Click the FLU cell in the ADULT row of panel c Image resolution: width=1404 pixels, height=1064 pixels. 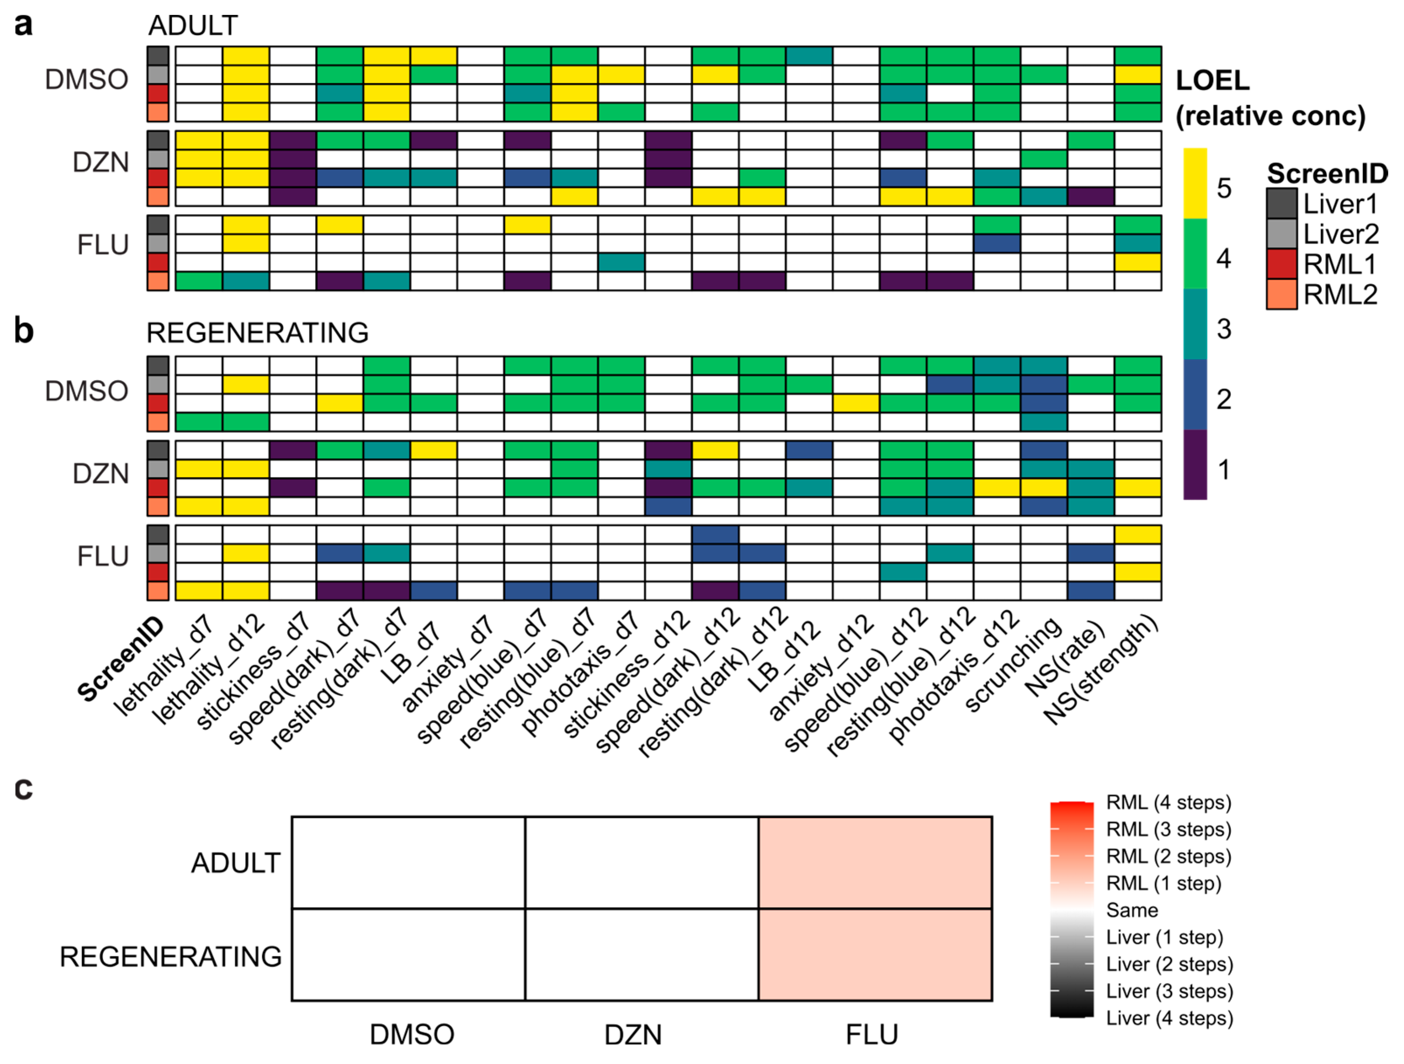(x=875, y=862)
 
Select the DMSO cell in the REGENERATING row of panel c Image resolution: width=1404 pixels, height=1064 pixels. (x=408, y=954)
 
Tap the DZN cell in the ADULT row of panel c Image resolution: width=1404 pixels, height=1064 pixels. (x=641, y=862)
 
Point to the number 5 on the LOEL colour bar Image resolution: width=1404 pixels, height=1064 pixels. (x=1224, y=188)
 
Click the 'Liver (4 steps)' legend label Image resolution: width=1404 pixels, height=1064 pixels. (x=1169, y=1018)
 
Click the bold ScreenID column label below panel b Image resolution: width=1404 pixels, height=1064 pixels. (x=121, y=660)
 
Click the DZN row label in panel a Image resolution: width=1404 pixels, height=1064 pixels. (x=100, y=163)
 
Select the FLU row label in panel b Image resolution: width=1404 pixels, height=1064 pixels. (x=102, y=556)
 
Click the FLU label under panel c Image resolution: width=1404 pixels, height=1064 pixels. (x=872, y=1035)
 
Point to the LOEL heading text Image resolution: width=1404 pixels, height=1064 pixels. (x=1212, y=80)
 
